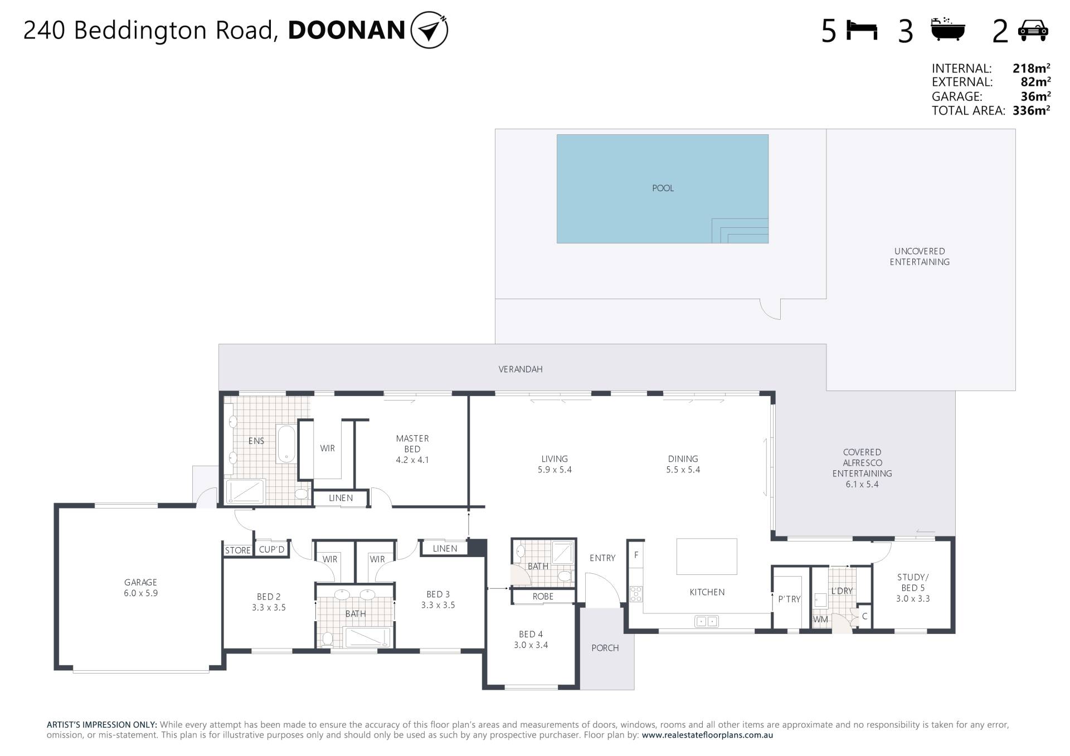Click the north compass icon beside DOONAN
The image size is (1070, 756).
(x=429, y=30)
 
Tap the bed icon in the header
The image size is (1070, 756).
(x=862, y=30)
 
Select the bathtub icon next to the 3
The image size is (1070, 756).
(x=948, y=29)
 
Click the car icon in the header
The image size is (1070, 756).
(x=1033, y=31)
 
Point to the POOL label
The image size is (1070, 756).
(x=663, y=188)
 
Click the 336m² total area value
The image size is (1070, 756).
(x=1031, y=110)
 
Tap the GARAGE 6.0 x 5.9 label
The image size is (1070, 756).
(x=140, y=588)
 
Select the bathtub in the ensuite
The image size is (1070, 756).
(x=286, y=444)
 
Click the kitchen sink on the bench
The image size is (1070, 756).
(x=707, y=621)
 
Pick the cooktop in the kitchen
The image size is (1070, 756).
(x=636, y=594)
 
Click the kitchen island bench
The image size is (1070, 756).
(x=707, y=556)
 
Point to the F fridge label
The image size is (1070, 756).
(x=636, y=555)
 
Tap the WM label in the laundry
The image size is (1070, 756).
(x=820, y=619)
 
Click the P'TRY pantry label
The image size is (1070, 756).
(x=789, y=599)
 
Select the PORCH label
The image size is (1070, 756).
(x=605, y=648)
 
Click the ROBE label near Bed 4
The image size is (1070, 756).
(x=543, y=596)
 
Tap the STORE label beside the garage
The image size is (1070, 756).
(x=238, y=550)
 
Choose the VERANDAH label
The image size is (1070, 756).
(x=521, y=369)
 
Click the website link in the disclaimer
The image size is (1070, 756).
(x=707, y=735)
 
